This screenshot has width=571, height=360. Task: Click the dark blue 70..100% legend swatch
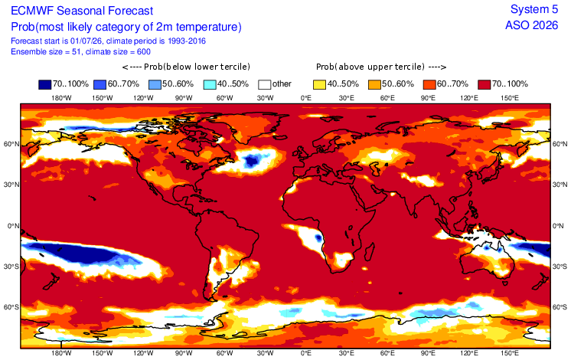pos(45,84)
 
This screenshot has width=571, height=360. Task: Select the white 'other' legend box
pos(265,84)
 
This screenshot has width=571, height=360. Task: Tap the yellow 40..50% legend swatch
pos(320,84)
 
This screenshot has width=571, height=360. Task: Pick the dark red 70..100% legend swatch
pos(485,84)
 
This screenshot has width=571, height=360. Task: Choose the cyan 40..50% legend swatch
pos(210,84)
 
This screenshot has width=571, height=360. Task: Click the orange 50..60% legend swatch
pos(375,84)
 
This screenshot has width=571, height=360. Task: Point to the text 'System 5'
pos(533,9)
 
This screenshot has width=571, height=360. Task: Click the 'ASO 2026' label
pos(531,25)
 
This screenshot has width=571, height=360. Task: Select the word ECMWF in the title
pos(32,11)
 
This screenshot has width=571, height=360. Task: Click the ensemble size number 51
pos(76,52)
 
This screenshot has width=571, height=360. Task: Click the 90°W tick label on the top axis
pos(184,97)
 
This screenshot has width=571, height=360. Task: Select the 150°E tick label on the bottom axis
pos(510,352)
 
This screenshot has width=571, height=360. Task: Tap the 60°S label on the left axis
pos(11,307)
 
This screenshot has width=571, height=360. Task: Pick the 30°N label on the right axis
pos(560,185)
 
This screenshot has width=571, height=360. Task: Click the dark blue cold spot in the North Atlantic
pos(252,160)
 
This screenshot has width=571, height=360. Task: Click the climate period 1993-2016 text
pos(187,41)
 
